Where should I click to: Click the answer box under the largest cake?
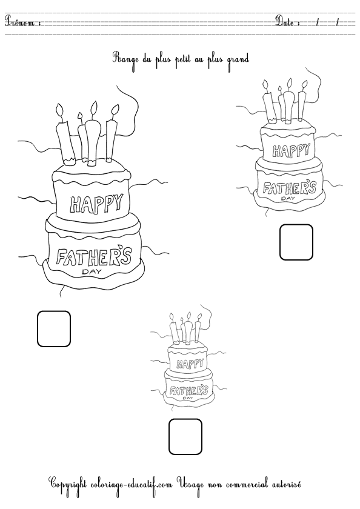coord(54,329)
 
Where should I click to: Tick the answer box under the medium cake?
coord(296,242)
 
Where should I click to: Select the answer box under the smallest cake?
coord(185,437)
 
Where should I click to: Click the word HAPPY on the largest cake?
coord(97,204)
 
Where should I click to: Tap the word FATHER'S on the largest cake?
coord(94,256)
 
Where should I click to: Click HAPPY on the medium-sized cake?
coord(291,150)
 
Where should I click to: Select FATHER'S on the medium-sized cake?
coord(289,188)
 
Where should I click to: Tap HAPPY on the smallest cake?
coord(190,364)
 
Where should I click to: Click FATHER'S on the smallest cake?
coord(189,390)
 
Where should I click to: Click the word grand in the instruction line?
coord(238,60)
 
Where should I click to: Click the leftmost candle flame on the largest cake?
coord(60,110)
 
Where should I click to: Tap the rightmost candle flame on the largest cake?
coord(115,110)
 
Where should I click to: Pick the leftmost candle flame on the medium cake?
coord(266,84)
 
